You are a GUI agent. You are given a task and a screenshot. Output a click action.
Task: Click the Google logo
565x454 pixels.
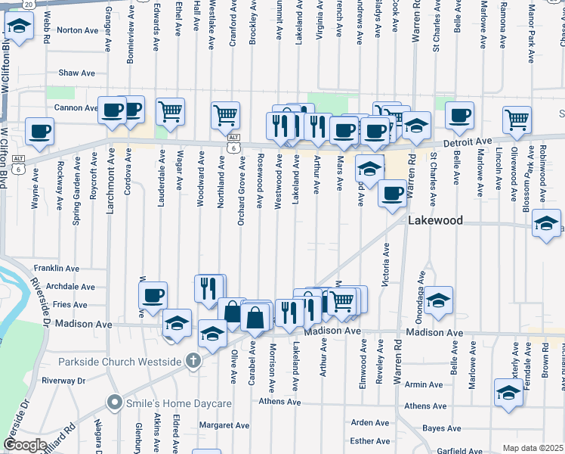coord(26,445)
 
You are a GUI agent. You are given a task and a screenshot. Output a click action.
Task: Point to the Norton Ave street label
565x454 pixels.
coord(78,30)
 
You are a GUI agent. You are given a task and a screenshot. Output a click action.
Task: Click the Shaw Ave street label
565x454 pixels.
coord(76,73)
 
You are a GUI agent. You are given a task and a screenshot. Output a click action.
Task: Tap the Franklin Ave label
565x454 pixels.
coord(57,269)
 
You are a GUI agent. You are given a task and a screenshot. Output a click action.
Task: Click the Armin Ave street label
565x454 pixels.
coord(423,385)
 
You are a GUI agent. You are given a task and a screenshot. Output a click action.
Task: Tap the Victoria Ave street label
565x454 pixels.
coord(387,265)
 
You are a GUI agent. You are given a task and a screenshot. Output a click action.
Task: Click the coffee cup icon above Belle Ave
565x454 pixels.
coord(459,115)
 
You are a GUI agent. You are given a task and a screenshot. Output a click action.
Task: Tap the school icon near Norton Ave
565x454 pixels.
coord(19,27)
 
